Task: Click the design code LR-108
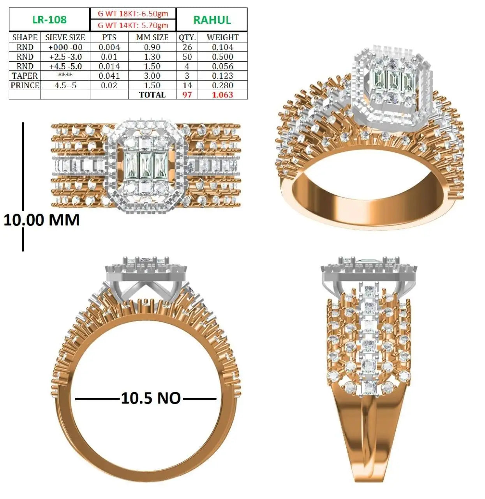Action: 49,19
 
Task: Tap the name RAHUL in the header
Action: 212,20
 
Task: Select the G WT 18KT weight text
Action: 133,14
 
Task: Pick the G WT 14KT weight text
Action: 133,25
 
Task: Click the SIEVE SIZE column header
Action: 65,37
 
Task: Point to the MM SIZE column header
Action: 152,37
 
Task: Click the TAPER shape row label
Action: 25,76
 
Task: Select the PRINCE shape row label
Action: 25,85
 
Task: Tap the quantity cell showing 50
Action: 187,57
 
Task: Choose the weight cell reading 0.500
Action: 223,57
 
